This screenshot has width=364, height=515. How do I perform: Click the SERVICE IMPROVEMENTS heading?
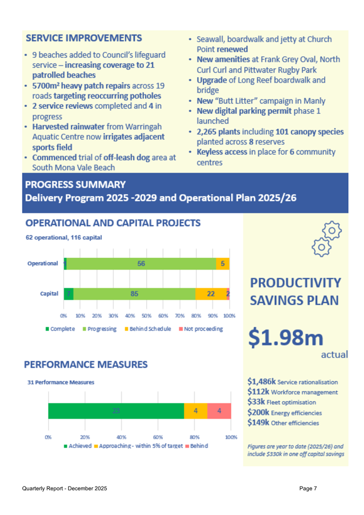pyautogui.click(x=84, y=39)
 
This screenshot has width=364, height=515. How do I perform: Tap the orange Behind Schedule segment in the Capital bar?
pyautogui.click(x=210, y=294)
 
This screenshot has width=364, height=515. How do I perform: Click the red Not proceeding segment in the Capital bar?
pyautogui.click(x=228, y=294)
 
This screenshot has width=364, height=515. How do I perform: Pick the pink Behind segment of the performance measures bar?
pyautogui.click(x=219, y=410)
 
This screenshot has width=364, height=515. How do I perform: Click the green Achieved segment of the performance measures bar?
pyautogui.click(x=116, y=410)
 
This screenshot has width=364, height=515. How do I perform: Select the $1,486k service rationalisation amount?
pyautogui.click(x=261, y=382)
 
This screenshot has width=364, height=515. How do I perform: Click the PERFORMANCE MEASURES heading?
pyautogui.click(x=85, y=365)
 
